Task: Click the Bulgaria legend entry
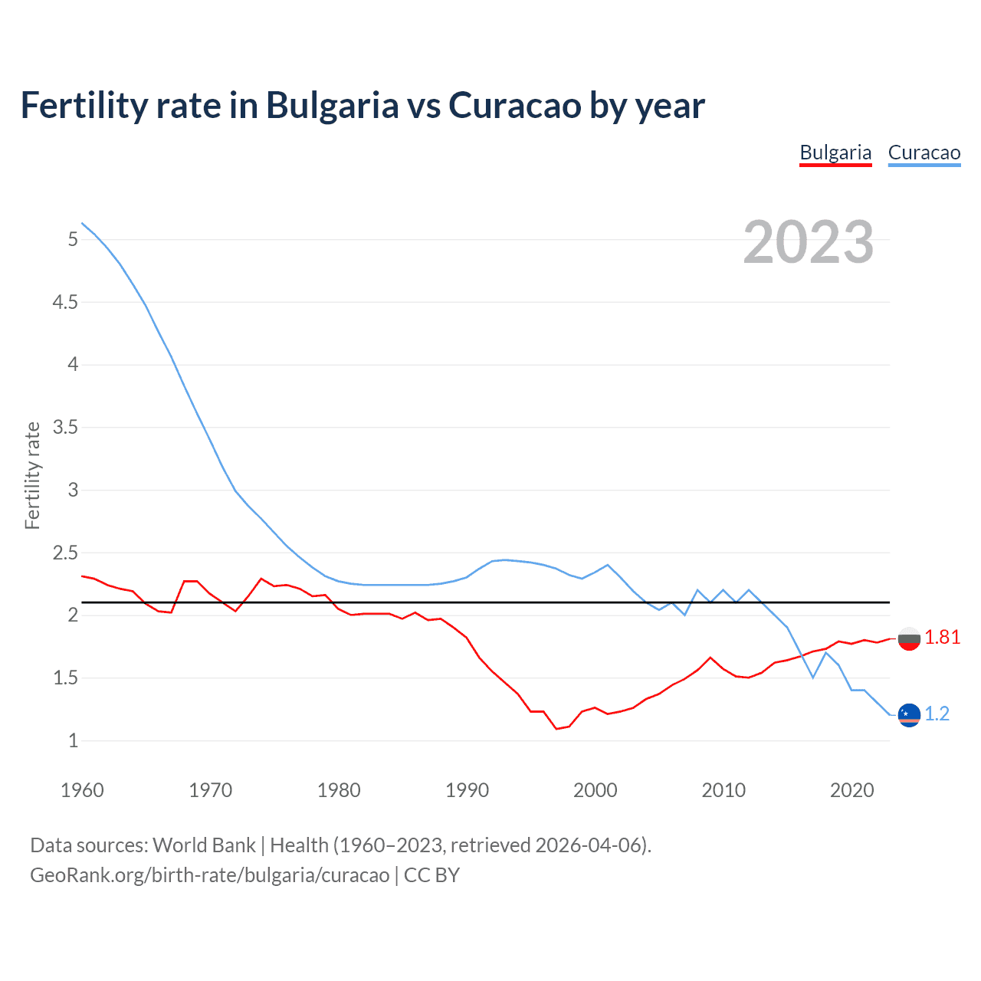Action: tap(835, 153)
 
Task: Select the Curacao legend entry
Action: tap(924, 153)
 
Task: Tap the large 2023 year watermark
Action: tap(808, 242)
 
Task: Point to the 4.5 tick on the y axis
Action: tap(65, 302)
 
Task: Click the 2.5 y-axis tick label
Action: tap(65, 553)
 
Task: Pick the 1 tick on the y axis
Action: tap(73, 740)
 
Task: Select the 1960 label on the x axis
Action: tap(82, 790)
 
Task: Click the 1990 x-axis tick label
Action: tap(467, 790)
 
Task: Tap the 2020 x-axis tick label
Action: tap(851, 790)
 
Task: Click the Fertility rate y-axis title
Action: tap(32, 475)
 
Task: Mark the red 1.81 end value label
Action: tap(942, 638)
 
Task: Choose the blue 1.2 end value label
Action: tap(937, 714)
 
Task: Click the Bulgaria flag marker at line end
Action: tap(909, 638)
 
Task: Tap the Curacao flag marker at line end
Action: tap(909, 714)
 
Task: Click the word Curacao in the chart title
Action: tap(514, 105)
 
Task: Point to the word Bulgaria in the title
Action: tap(332, 105)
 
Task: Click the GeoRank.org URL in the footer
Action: tap(209, 875)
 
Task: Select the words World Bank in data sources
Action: tap(204, 845)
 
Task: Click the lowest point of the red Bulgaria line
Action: tap(557, 728)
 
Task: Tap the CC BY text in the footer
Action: tap(431, 875)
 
